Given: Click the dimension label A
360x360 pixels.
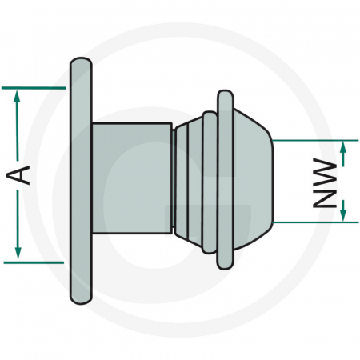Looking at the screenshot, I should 24,174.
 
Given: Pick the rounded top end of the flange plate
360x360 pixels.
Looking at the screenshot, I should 80,63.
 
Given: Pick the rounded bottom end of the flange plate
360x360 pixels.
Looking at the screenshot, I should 80,294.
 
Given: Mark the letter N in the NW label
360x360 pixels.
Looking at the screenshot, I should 324,197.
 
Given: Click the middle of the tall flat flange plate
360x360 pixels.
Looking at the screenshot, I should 80,180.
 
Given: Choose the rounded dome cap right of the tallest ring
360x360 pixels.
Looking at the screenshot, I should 252,180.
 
